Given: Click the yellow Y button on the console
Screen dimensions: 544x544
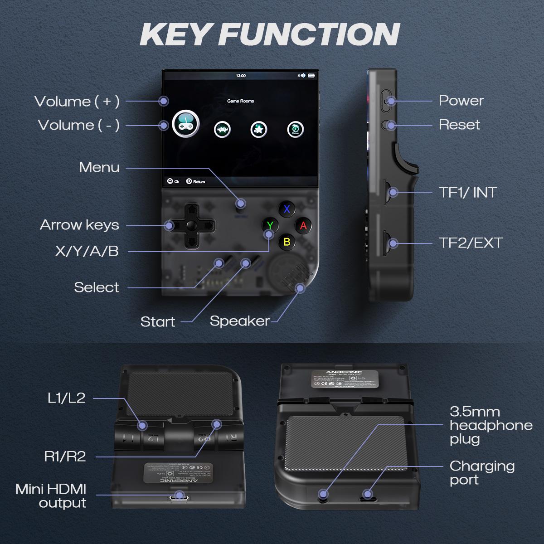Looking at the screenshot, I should coord(270,225).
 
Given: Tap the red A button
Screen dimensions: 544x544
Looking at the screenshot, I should coord(303,225).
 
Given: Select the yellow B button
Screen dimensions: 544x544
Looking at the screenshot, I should coord(287,242).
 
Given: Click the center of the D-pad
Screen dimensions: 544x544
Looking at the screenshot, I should coord(192,225).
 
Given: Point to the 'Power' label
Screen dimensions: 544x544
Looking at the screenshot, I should coord(461,101).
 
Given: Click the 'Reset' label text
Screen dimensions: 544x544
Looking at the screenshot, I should coord(459,125).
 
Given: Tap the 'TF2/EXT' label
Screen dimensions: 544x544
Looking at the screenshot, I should coord(471,243).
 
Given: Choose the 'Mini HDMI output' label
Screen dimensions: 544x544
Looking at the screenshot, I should coord(51,496).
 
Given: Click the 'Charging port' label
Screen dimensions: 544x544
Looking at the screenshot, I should coord(481,473).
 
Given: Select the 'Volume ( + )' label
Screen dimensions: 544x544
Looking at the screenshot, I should coord(77,101).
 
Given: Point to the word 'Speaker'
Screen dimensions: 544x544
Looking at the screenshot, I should coord(239,321).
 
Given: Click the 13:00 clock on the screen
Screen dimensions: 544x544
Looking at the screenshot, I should coord(241,76).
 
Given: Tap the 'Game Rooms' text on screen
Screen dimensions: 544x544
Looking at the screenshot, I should coord(240,101).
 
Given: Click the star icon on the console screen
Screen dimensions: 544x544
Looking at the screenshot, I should coord(258,130).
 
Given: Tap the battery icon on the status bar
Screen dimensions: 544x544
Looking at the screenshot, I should coord(311,75).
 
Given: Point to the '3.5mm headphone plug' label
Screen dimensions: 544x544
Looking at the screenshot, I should coord(491,425).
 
